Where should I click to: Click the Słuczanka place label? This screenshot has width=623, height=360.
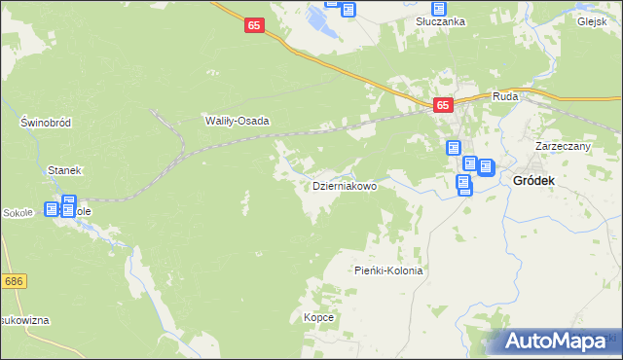click(x=439, y=21)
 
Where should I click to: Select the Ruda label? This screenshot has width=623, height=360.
click(x=505, y=96)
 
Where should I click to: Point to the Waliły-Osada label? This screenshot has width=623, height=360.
click(x=236, y=122)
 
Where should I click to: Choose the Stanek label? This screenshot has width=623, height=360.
click(x=63, y=170)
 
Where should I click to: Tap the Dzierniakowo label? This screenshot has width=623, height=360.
click(x=344, y=186)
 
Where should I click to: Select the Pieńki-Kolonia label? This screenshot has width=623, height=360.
click(x=388, y=271)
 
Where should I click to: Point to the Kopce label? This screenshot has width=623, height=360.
click(x=318, y=318)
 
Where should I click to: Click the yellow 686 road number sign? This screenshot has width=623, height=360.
click(x=13, y=281)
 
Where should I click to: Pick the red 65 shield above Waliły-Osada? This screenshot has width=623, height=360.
click(x=253, y=28)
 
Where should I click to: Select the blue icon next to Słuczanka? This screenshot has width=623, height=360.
click(x=412, y=9)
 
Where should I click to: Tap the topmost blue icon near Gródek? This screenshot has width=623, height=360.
click(x=454, y=149)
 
